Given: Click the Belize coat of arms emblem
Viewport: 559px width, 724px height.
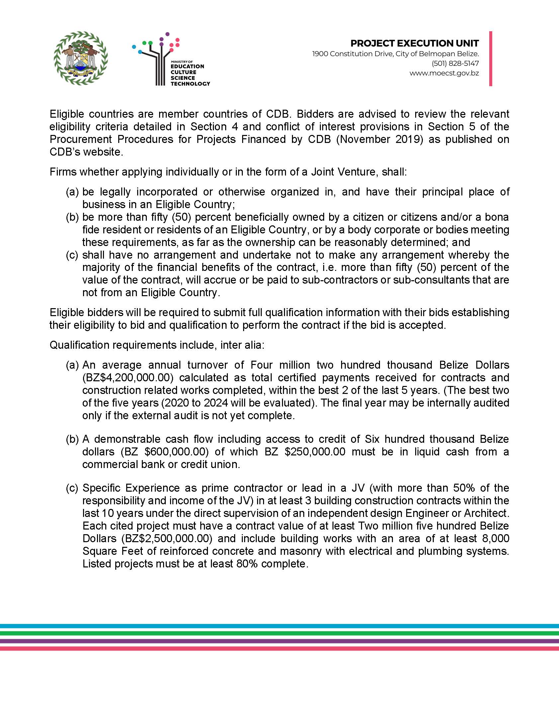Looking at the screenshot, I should tap(81, 58).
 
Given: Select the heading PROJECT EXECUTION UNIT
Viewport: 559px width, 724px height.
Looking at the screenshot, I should tap(415, 43).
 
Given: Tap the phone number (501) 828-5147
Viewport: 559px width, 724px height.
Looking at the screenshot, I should tap(455, 63).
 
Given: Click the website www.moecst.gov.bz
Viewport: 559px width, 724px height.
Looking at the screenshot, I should tap(444, 73).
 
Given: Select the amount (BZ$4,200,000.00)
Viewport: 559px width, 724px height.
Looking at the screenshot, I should tap(128, 378).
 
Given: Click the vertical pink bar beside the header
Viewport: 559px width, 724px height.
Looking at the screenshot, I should tap(491, 59).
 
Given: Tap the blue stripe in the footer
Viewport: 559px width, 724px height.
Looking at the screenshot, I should tap(279, 626).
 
